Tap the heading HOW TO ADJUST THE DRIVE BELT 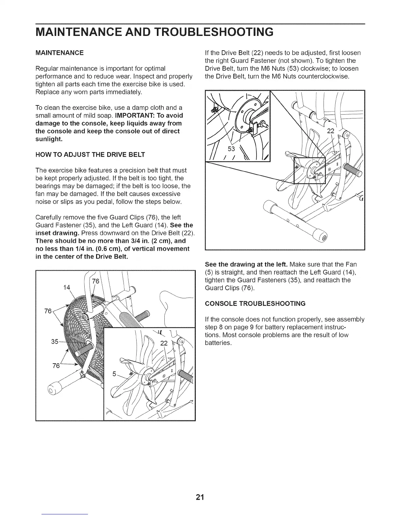(x=90, y=155)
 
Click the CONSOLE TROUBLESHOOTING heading (x=255, y=304)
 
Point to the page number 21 (x=200, y=497)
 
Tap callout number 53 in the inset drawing (x=231, y=149)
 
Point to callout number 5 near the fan (x=114, y=374)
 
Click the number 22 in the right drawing (x=331, y=131)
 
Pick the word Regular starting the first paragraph (x=45, y=69)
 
